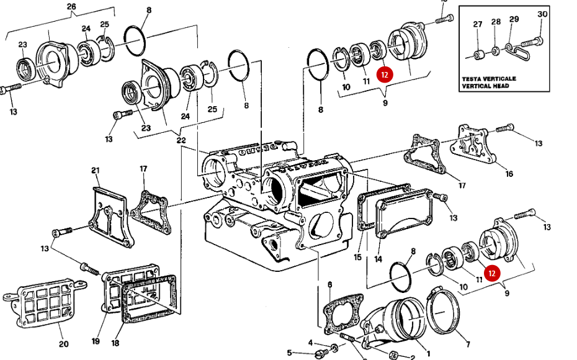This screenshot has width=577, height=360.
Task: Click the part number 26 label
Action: (x=71, y=7)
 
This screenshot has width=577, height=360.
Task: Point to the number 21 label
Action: (x=95, y=171)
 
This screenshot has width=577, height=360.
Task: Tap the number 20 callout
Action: (x=63, y=343)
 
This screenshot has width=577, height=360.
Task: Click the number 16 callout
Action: (x=509, y=174)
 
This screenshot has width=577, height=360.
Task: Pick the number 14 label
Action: (x=378, y=258)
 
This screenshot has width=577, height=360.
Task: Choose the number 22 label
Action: (x=181, y=140)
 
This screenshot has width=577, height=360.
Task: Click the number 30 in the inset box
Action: (x=542, y=14)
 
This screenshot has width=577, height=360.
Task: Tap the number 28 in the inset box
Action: (x=496, y=22)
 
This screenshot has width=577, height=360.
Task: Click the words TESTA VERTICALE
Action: (x=488, y=79)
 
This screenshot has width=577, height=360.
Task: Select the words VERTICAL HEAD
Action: (x=486, y=86)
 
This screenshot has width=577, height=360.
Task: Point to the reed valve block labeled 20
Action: (x=43, y=305)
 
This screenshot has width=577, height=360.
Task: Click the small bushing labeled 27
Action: (x=478, y=55)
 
